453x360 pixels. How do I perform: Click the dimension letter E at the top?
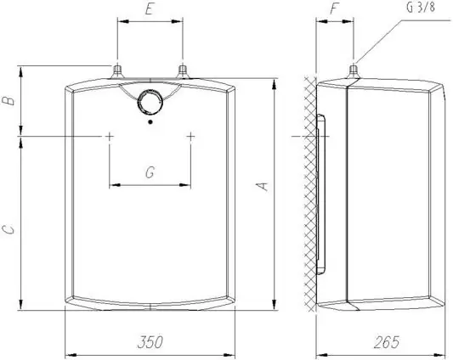tap(149, 9)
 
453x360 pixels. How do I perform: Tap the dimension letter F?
tap(334, 8)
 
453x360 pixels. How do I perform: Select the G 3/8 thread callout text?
tap(421, 8)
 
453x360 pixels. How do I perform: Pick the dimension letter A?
tap(263, 187)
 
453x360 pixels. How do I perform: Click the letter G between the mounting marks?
tap(150, 172)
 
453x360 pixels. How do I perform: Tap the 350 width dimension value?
tap(150, 342)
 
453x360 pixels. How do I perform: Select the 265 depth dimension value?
tap(387, 342)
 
